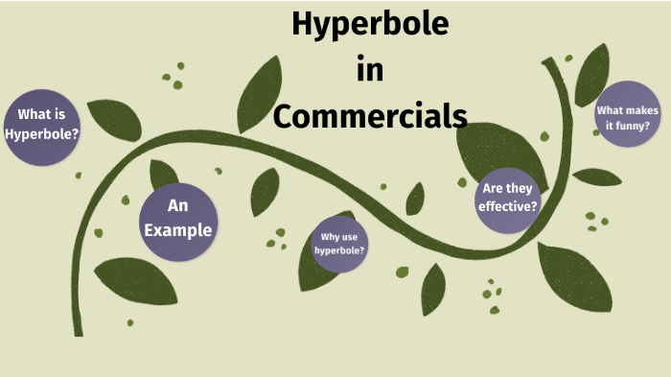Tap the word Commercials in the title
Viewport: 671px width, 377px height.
[370, 115]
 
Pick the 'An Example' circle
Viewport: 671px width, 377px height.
[176, 223]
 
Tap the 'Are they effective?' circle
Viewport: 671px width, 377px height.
[508, 198]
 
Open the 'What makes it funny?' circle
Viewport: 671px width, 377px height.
[629, 117]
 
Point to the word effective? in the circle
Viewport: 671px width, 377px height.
[508, 205]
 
